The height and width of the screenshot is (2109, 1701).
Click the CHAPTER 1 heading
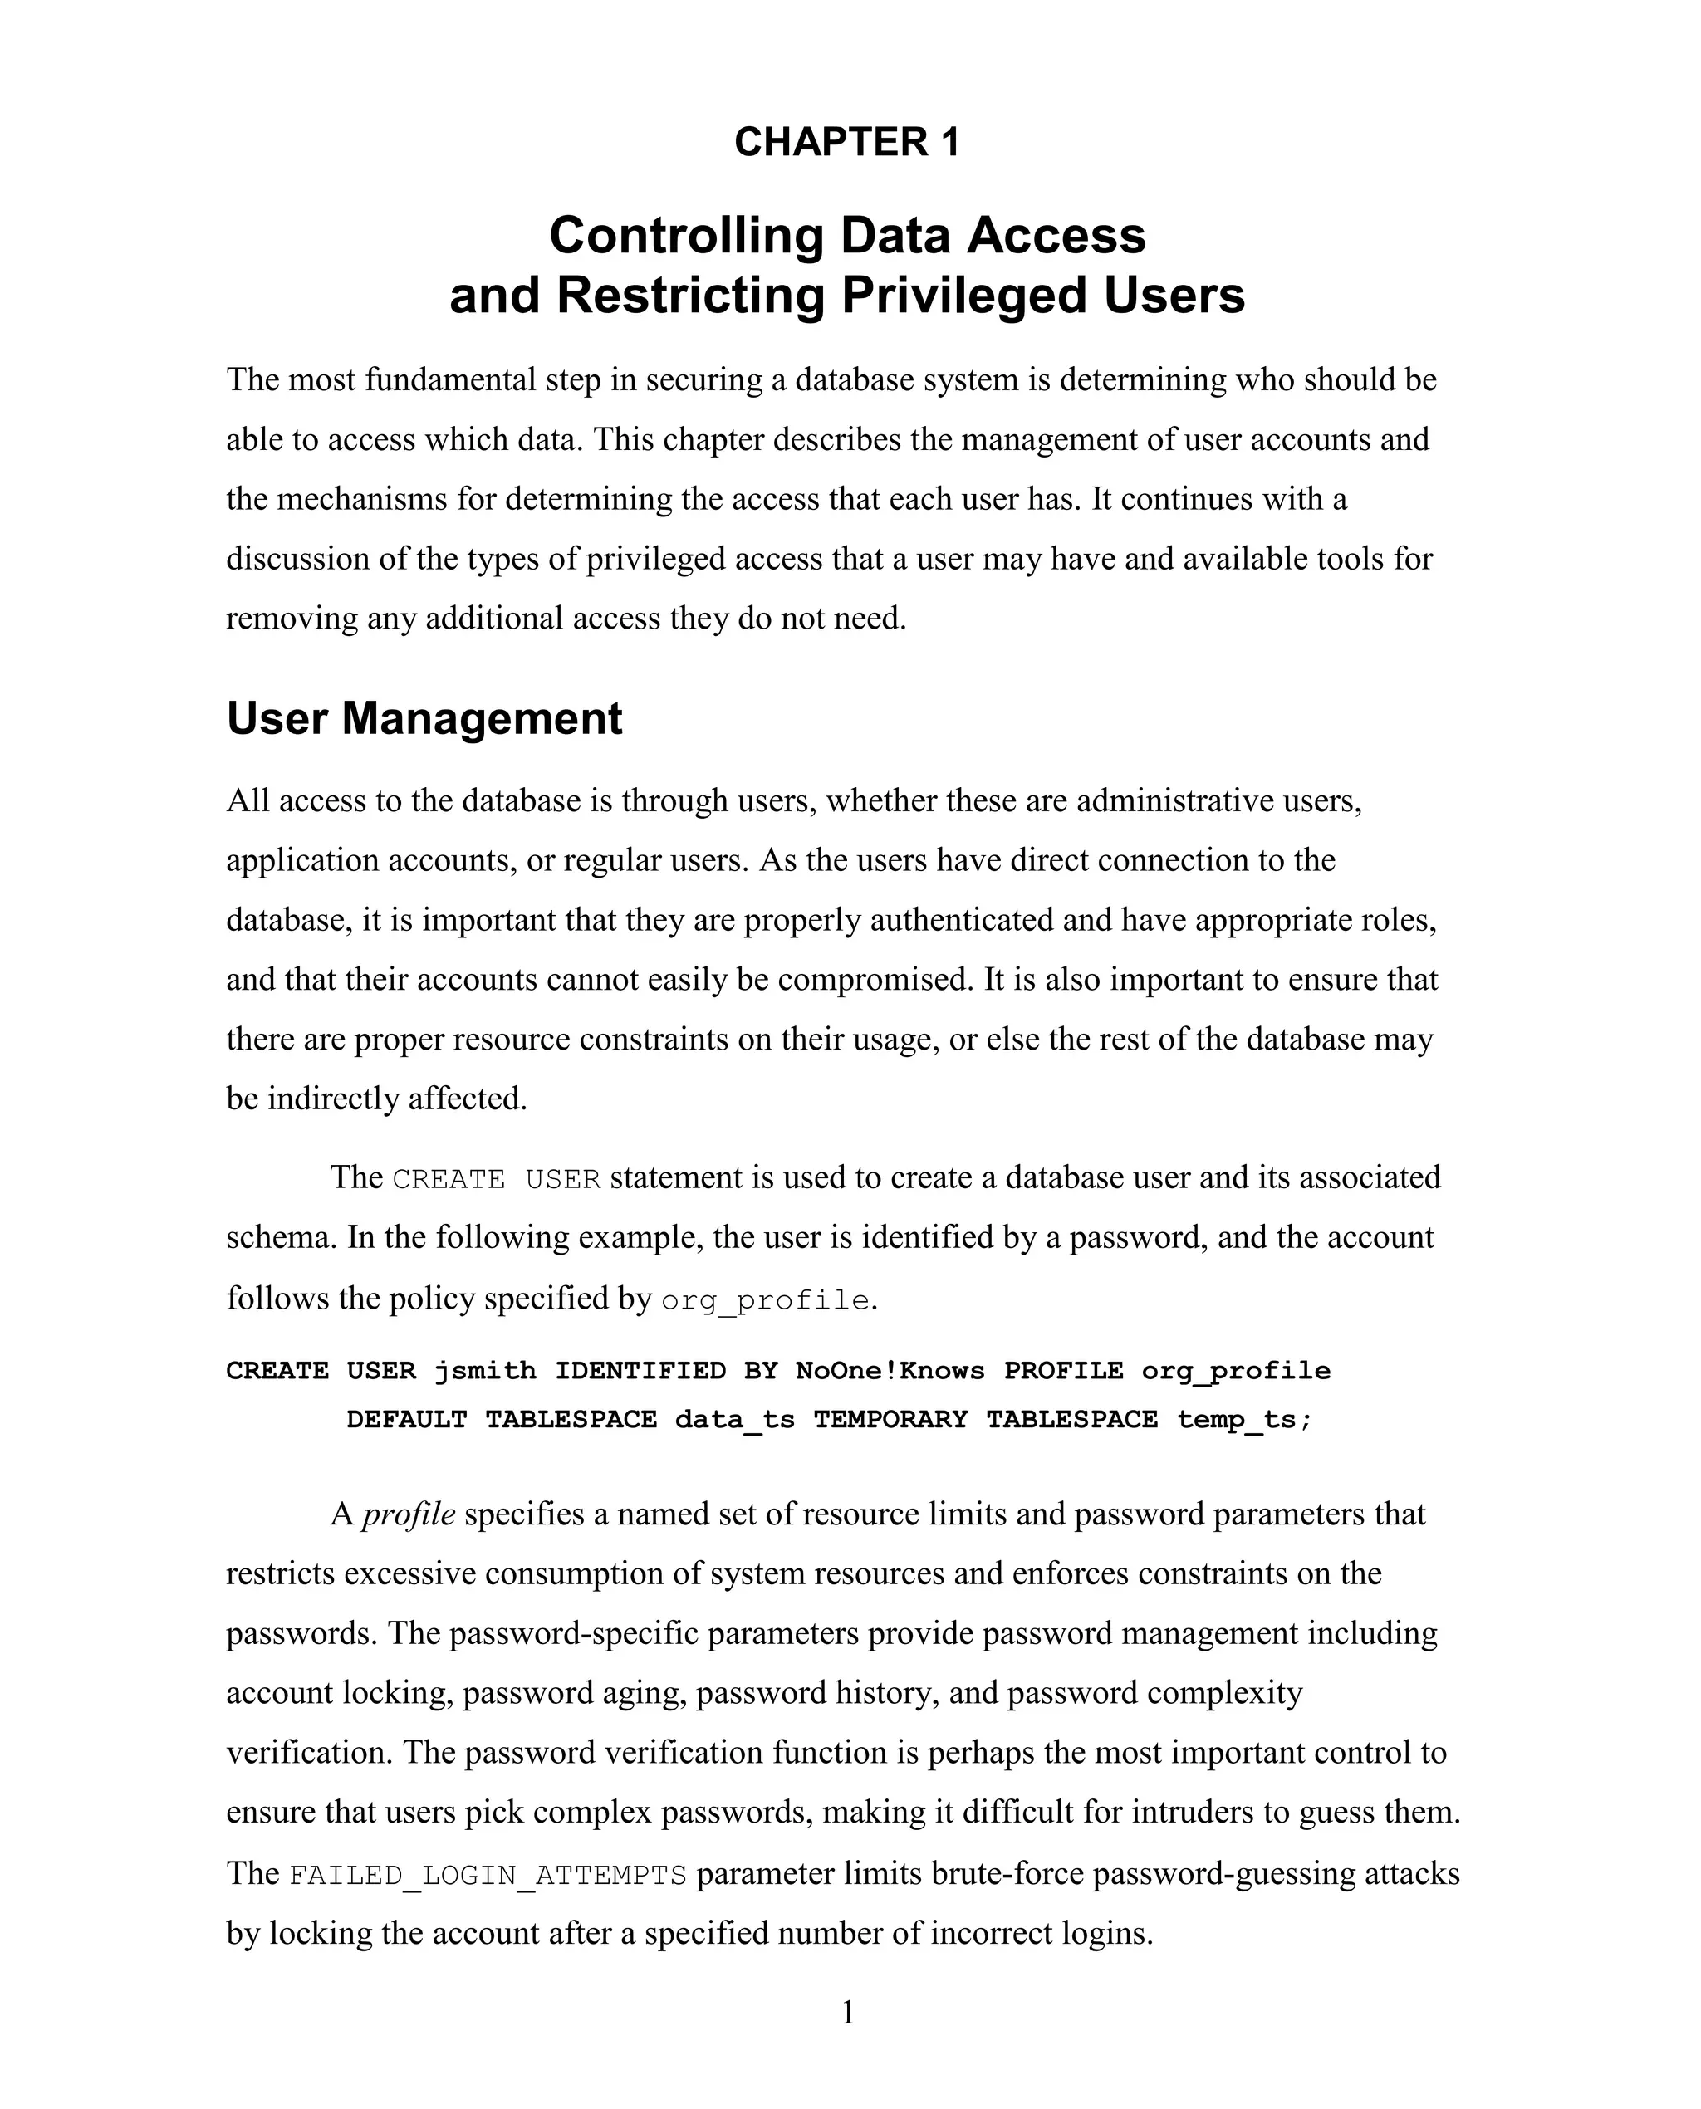point(846,142)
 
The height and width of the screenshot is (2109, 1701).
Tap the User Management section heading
point(424,718)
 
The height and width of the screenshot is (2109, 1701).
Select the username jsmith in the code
point(485,1370)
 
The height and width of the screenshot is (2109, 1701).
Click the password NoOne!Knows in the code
point(890,1370)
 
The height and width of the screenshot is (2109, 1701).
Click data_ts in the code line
point(734,1419)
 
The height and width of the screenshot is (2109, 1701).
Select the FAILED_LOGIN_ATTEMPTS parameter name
point(488,1875)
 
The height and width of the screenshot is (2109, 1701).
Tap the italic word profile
point(409,1514)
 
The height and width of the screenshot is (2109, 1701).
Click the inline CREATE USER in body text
point(496,1179)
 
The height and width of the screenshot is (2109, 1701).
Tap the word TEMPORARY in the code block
point(890,1419)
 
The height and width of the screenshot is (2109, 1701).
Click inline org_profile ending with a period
point(765,1301)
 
